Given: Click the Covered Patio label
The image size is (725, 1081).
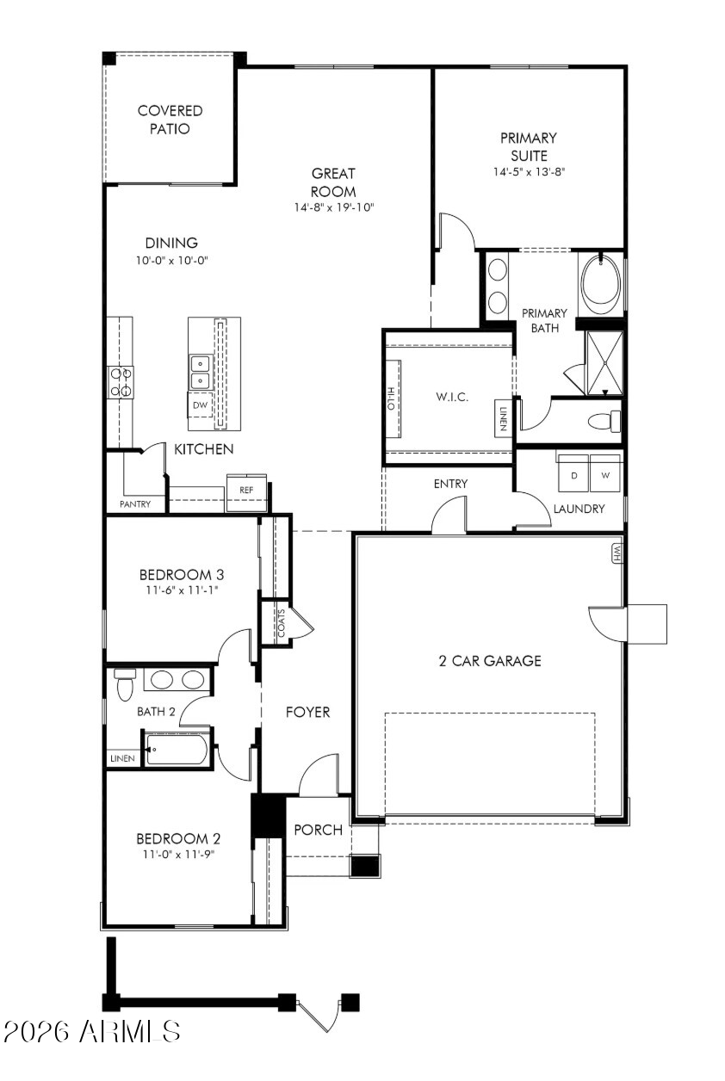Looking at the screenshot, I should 170,120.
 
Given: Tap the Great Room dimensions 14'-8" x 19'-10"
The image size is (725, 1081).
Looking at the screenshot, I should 334,207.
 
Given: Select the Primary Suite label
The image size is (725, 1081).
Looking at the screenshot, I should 529,146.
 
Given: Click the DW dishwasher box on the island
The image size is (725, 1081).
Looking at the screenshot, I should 200,405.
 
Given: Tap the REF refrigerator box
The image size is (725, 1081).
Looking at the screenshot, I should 246,490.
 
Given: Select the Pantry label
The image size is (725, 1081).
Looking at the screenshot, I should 135,504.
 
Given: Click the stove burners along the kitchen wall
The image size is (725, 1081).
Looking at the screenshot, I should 121,381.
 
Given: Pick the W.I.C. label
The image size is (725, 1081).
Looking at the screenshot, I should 451,398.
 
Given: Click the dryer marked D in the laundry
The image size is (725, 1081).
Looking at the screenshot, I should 573,474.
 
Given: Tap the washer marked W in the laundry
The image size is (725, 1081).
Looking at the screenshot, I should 604,474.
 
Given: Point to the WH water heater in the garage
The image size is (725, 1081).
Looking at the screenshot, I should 617,552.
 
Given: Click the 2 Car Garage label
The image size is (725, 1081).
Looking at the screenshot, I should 487,661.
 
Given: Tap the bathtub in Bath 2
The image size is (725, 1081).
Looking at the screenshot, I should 177,750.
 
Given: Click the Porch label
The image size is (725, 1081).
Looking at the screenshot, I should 318,831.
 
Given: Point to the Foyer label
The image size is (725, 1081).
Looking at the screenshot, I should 307,713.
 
